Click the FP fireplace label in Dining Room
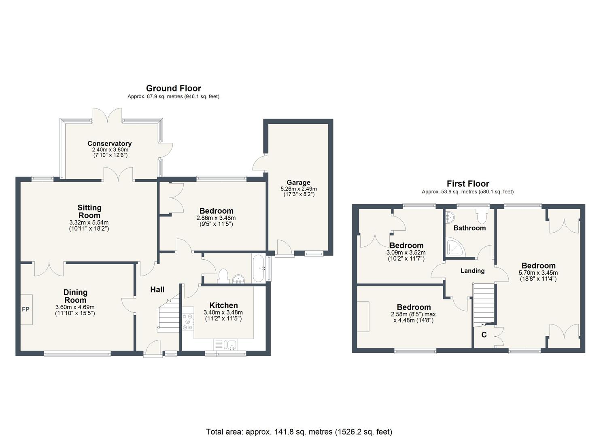tap(25, 310)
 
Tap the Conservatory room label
tap(109, 144)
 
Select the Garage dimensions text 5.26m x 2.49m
tap(298, 189)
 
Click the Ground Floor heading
tap(173, 88)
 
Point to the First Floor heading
tap(467, 184)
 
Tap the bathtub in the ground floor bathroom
tap(258, 269)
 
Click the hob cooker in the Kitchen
tap(188, 322)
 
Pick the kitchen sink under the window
tap(231, 345)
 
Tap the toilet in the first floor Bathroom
tap(482, 216)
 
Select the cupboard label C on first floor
tap(484, 335)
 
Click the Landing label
tap(472, 271)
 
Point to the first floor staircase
tap(484, 303)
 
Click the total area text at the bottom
tap(299, 432)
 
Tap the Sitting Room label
tap(89, 212)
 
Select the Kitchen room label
tap(223, 305)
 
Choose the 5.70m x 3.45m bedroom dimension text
tap(538, 273)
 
